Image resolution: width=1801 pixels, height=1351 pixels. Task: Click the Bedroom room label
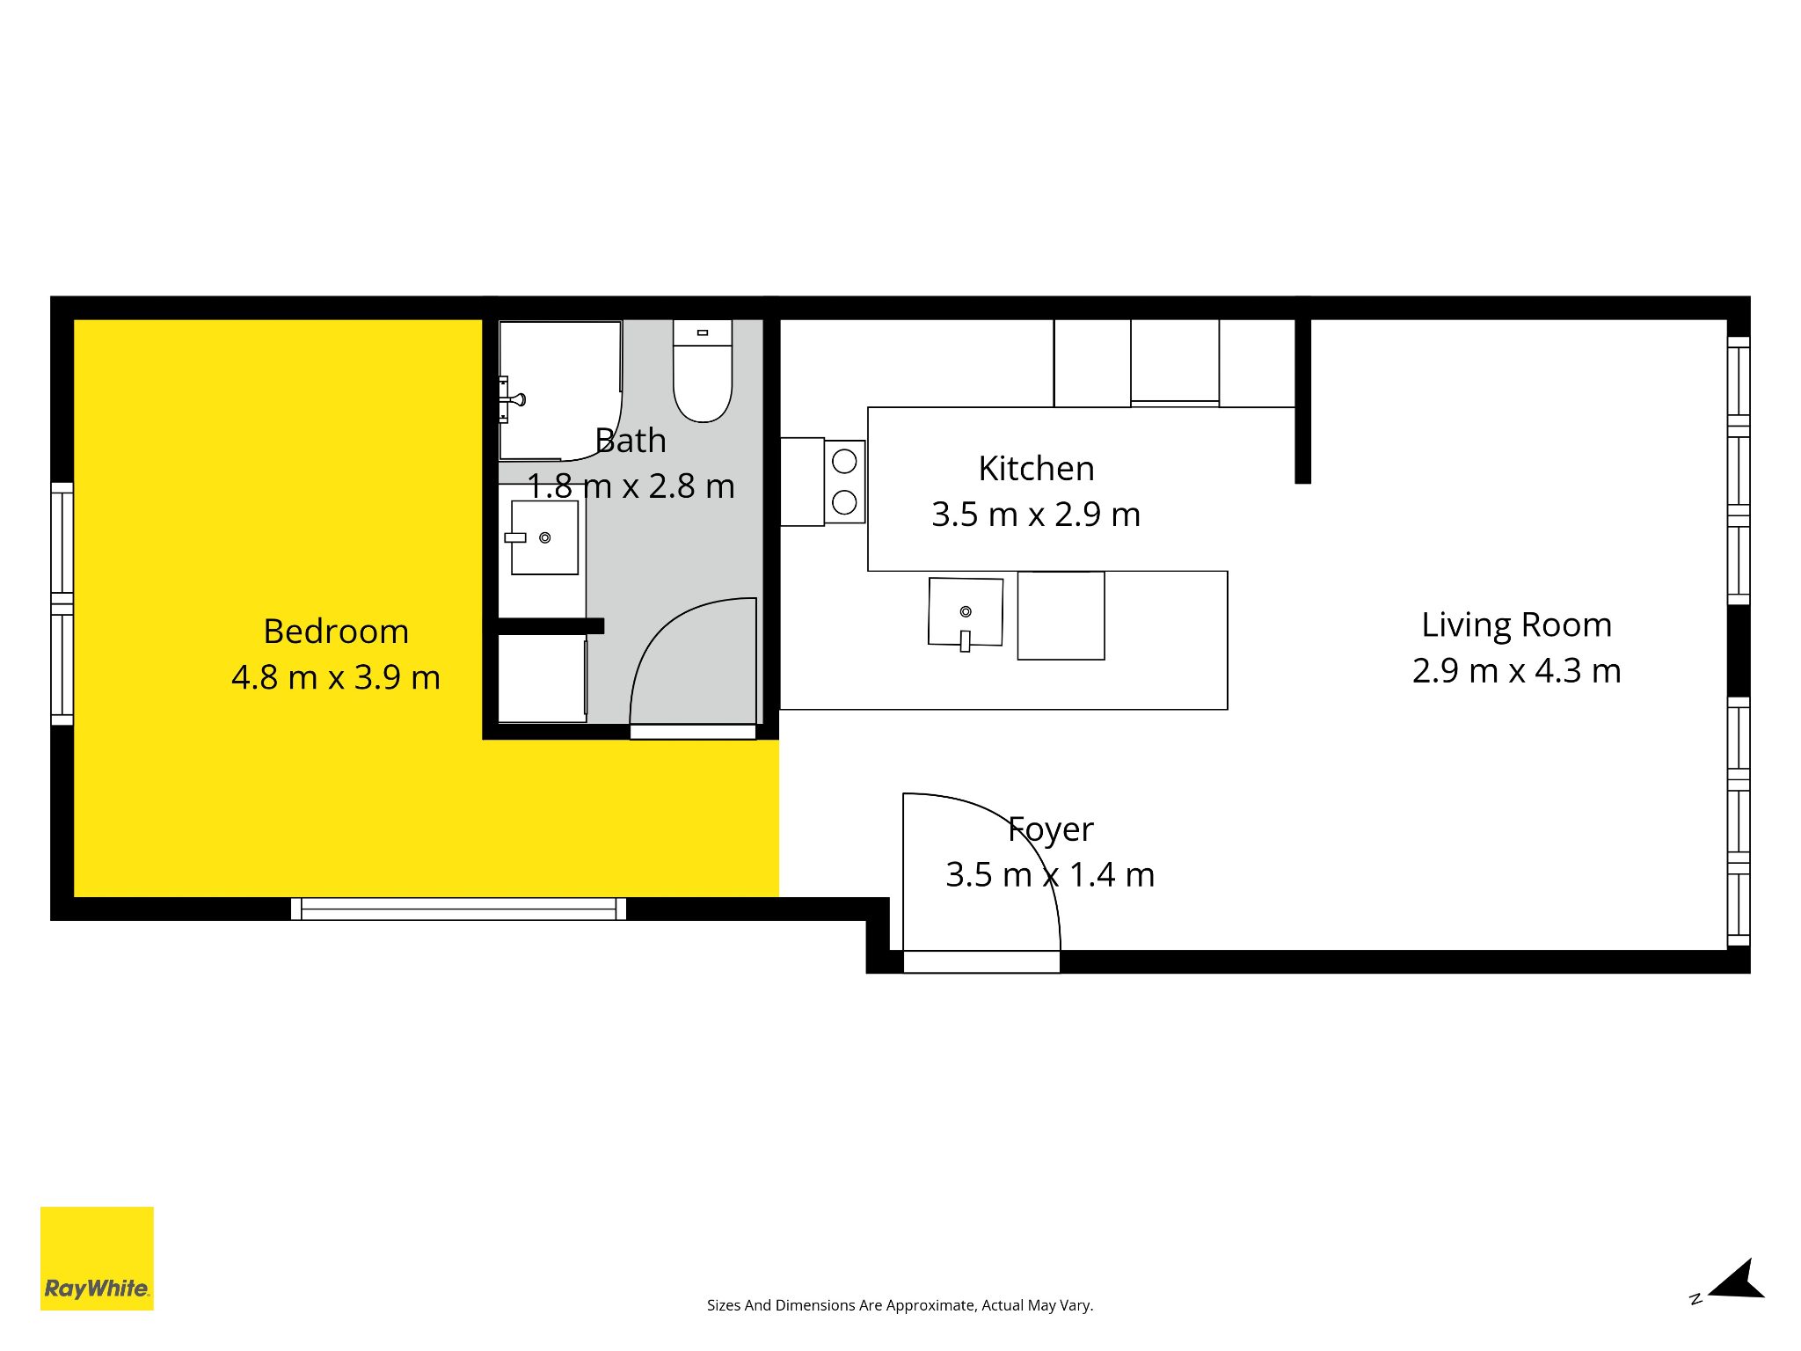coord(336,632)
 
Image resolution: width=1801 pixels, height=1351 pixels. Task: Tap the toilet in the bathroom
coord(703,370)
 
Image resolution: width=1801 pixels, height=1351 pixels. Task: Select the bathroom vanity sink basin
coord(544,537)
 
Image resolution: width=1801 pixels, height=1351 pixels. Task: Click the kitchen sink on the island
coord(966,613)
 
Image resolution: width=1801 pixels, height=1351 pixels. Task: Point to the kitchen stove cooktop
coord(844,482)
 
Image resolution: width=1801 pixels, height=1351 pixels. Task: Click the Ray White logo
coord(97,1259)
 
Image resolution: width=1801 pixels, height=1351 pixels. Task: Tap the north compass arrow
coord(1738,1281)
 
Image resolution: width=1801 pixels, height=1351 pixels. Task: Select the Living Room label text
coord(1517,625)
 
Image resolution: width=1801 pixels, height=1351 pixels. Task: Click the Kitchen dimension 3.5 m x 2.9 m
coord(1036,515)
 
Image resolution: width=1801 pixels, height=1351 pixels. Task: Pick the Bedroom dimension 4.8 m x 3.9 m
coord(336,677)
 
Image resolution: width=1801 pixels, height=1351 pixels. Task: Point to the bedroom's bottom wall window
coord(458,909)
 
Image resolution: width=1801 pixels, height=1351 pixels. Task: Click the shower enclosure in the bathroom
coord(560,391)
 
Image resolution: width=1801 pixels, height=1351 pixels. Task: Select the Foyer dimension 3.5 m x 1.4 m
coord(1050,875)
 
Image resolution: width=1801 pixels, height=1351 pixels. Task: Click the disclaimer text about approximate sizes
coord(900,1305)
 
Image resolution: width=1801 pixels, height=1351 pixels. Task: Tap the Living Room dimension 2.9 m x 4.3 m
coord(1517,671)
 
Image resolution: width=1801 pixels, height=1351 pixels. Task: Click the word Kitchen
coord(1036,469)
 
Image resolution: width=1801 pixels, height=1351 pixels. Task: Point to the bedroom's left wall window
coord(62,603)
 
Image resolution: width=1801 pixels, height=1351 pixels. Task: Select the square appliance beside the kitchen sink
coord(1061,616)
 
